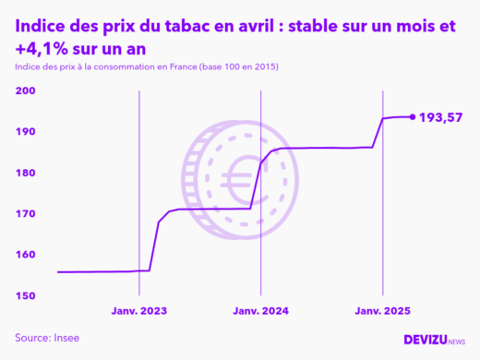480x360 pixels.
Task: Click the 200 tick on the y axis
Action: pos(25,91)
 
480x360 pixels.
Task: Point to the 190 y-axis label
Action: pos(25,132)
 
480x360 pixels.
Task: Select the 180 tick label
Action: pos(25,174)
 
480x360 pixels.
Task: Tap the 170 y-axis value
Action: pos(25,214)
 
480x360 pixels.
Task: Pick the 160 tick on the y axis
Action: pos(25,255)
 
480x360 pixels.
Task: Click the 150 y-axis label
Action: pos(25,295)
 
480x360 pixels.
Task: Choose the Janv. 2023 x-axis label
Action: pos(139,312)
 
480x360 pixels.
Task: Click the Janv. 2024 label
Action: pos(261,312)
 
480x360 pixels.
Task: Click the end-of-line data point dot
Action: pos(412,117)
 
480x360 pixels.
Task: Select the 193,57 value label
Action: pos(440,117)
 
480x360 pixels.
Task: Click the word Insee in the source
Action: pos(66,338)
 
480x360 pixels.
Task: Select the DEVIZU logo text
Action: pos(425,340)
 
